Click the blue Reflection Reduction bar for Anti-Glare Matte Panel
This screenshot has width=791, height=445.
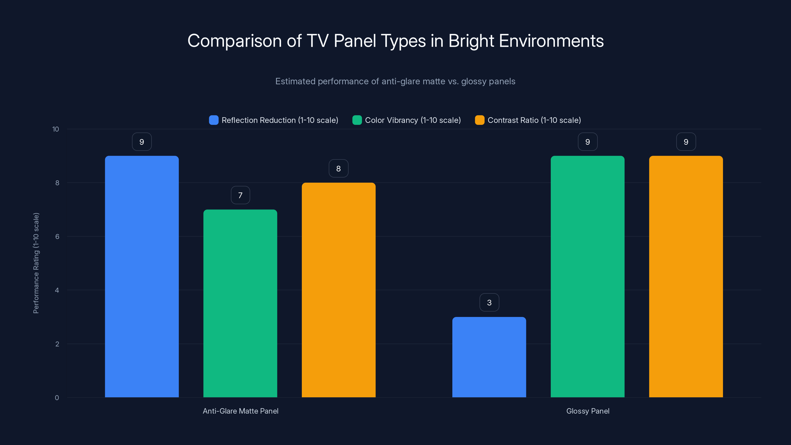point(142,276)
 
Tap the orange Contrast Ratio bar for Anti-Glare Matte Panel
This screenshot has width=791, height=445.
point(338,290)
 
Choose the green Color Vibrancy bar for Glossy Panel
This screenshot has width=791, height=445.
point(587,276)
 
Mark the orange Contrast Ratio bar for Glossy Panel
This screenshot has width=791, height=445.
point(686,276)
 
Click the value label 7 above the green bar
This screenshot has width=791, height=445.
point(240,195)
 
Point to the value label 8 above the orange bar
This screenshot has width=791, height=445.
point(338,168)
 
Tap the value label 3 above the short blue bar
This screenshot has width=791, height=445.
point(489,303)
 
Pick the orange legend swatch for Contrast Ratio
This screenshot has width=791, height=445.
point(480,120)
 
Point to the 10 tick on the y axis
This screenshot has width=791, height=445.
point(56,129)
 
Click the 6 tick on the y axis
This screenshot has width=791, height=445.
point(57,237)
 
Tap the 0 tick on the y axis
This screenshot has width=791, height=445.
point(57,398)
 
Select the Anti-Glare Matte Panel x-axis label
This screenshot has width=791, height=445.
point(241,411)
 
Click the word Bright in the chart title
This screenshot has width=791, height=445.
point(471,41)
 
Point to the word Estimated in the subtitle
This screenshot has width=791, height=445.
point(295,81)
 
